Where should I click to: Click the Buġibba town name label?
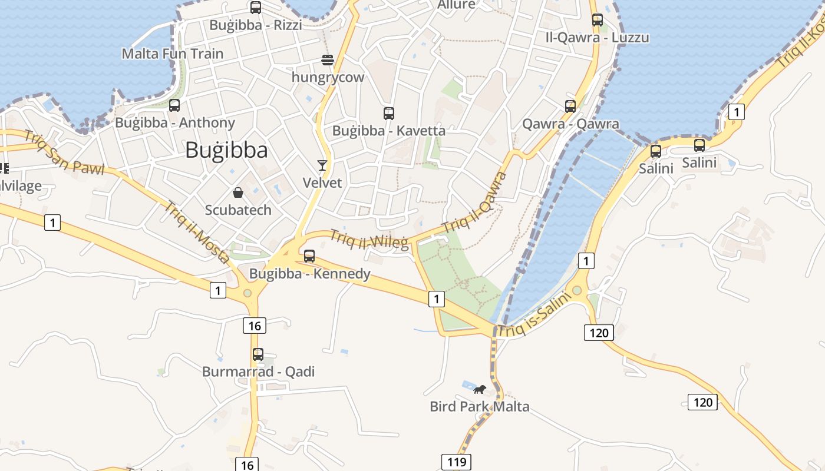(226, 150)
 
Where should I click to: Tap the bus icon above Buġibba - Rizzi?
(256, 8)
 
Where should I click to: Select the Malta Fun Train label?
(173, 54)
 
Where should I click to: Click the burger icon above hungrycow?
(328, 59)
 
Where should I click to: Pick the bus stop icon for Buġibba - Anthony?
(174, 105)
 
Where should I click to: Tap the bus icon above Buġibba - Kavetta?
(389, 114)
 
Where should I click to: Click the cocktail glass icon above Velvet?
(322, 165)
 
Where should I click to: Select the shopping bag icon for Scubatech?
(238, 193)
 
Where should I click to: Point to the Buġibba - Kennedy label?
(310, 273)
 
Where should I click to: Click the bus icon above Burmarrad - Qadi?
(258, 354)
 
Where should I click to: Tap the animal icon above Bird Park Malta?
(480, 389)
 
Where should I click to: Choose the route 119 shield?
(457, 462)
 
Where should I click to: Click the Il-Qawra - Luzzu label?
(598, 38)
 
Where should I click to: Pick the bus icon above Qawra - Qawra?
(570, 107)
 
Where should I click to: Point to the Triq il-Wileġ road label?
(369, 239)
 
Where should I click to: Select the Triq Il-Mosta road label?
(197, 232)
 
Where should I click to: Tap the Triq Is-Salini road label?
(535, 316)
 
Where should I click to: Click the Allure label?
(456, 5)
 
